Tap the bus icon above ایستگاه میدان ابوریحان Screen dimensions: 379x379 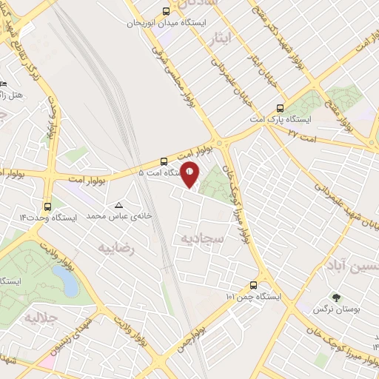coord(164,12)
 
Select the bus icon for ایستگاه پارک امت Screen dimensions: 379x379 coord(279,107)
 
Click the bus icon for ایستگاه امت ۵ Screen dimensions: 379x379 coord(163,161)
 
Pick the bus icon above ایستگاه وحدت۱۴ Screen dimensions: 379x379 coord(48,207)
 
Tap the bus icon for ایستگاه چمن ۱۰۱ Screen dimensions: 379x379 coord(254,285)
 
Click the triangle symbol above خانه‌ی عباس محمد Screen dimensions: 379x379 coord(118,204)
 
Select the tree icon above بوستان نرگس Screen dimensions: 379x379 coord(337,296)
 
